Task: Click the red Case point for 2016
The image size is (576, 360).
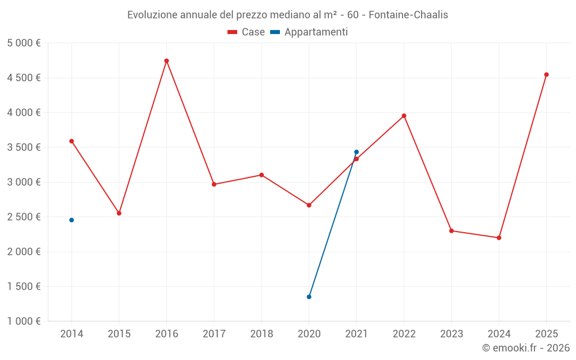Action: click(166, 61)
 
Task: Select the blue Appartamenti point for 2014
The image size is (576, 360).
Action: click(71, 220)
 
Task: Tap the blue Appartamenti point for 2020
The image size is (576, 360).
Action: click(309, 297)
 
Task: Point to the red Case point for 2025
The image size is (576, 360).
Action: click(546, 74)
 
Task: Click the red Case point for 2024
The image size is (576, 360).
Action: click(499, 238)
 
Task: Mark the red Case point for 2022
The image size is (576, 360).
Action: click(404, 116)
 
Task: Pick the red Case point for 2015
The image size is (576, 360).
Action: click(119, 213)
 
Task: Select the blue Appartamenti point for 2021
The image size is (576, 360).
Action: click(357, 152)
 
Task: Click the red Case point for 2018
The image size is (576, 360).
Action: click(262, 175)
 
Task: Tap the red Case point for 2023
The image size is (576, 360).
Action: click(452, 231)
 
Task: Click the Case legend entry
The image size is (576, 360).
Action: click(247, 32)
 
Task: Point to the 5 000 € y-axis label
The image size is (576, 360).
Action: click(24, 43)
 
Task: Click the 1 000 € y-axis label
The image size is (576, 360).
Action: click(24, 321)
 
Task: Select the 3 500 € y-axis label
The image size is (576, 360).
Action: click(24, 147)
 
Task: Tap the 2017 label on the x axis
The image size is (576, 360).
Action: click(214, 334)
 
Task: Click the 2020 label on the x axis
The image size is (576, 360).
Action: click(309, 334)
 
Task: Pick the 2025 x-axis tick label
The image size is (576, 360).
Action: click(546, 334)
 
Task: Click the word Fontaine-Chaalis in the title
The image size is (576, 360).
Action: click(408, 15)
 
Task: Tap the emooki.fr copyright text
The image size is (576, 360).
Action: click(526, 348)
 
